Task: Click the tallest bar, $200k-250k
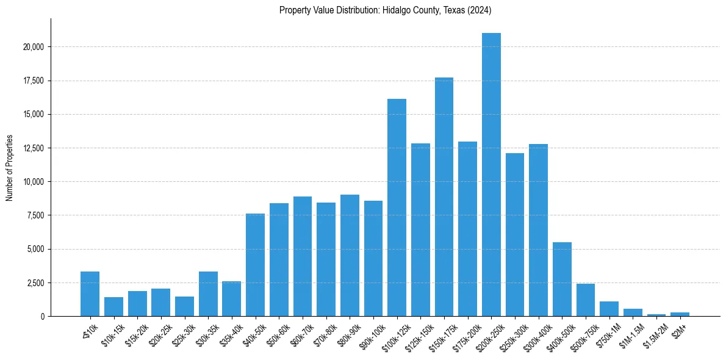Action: (x=491, y=175)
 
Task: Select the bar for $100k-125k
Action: (x=397, y=207)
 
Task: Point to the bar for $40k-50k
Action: (x=255, y=265)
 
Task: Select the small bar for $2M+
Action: (x=680, y=314)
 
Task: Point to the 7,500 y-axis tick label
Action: (x=35, y=215)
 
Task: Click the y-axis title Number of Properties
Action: (x=9, y=167)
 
